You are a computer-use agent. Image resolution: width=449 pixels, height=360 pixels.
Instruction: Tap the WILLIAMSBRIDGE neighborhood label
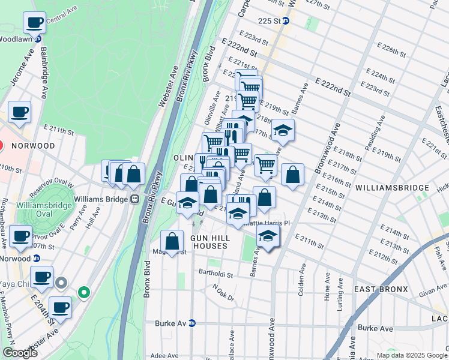391,188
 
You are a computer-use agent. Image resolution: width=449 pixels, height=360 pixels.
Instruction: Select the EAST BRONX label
381,289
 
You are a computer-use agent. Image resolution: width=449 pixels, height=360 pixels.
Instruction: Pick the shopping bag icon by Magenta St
172,241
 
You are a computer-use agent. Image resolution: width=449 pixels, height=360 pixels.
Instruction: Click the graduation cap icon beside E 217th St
283,130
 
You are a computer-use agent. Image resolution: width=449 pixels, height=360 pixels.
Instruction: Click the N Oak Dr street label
226,289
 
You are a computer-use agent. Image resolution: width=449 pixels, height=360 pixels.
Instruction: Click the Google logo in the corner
20,353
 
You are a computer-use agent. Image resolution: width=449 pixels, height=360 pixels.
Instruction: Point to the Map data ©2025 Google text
412,355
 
